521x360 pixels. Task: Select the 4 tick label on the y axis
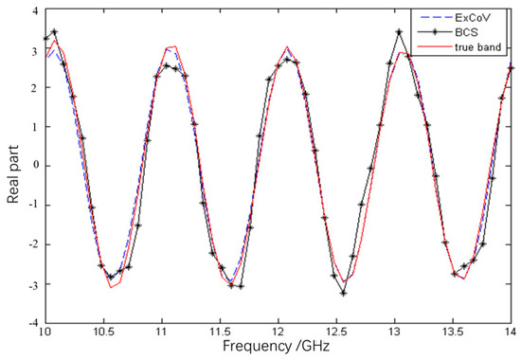(35, 10)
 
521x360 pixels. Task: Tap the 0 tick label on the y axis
(35, 166)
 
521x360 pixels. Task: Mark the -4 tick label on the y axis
(32, 322)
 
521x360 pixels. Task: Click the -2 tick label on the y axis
(32, 243)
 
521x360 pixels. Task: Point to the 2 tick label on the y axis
(35, 88)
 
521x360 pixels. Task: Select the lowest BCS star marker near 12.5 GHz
(343, 293)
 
